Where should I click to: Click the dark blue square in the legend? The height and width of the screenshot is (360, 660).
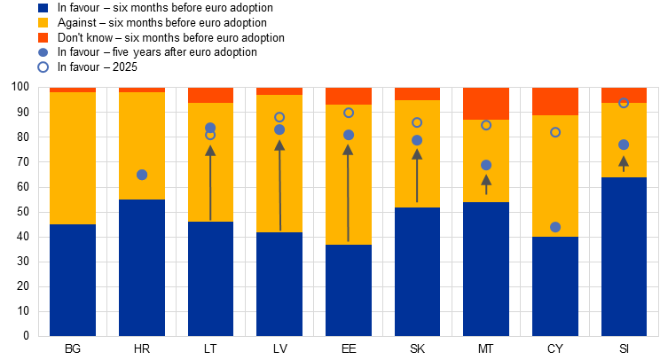pos(43,8)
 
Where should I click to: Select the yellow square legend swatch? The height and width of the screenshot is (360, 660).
pos(43,23)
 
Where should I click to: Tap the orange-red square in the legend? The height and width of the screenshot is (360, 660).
pos(43,38)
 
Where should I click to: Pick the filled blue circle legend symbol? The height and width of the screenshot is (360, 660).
pos(43,52)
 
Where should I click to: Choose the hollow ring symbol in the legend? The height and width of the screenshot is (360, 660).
pos(43,67)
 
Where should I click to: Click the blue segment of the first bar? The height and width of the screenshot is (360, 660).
pos(73,280)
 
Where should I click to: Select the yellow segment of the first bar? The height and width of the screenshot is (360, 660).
pos(73,158)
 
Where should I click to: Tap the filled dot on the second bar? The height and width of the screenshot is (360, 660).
pos(142,175)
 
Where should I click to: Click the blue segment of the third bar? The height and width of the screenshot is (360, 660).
pos(210,278)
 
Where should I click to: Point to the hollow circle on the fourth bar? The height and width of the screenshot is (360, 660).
pos(279,117)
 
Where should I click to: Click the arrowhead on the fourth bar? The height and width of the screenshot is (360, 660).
pos(279,145)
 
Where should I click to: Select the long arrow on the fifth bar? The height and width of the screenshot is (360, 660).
pos(348,192)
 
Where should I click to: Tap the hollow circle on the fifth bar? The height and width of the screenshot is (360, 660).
pos(349,113)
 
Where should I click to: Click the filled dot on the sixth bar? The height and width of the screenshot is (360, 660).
pos(417,140)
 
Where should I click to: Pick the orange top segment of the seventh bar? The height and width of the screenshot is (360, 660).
pos(486,104)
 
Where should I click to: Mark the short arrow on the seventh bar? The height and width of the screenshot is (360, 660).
pos(486,184)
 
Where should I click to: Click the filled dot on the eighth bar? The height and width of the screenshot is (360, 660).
pos(555,227)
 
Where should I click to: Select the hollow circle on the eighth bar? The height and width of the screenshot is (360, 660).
pos(555,132)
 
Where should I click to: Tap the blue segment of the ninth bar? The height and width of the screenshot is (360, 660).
pos(624,256)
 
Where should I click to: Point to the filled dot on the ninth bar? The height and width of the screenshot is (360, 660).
pos(624,145)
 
